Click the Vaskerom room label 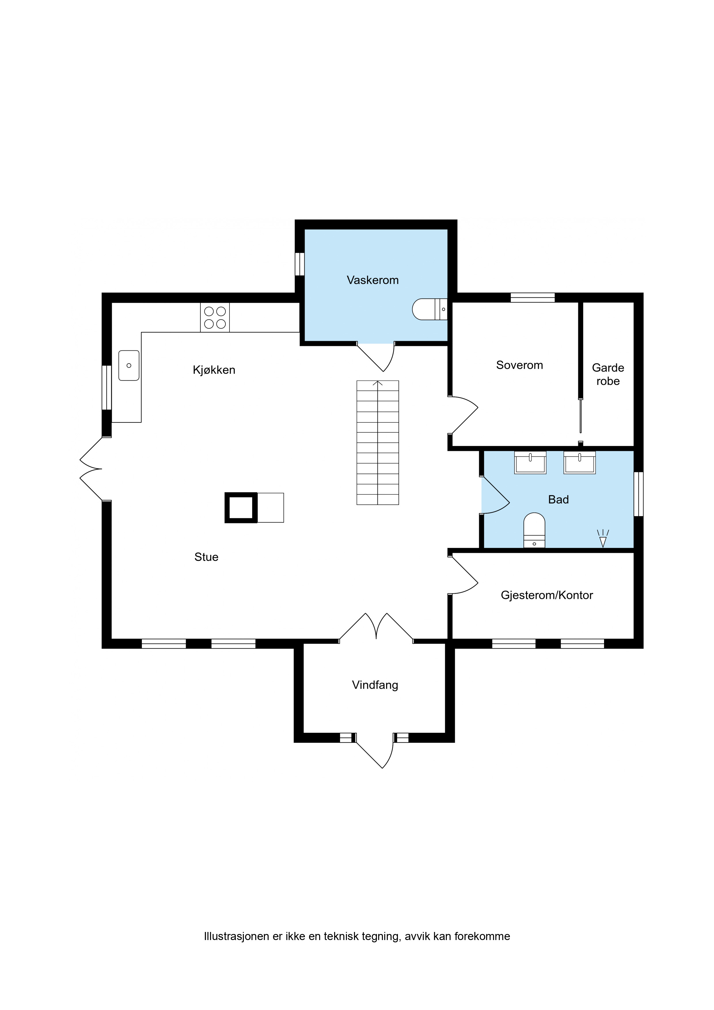373,280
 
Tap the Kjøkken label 214,370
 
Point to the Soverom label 520,365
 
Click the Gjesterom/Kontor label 547,595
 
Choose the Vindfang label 375,685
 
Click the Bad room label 558,500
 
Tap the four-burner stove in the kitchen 215,318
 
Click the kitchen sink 129,366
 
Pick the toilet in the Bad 534,530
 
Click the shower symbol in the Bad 603,538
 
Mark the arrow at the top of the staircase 377,384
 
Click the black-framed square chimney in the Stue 241,508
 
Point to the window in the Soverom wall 532,298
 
